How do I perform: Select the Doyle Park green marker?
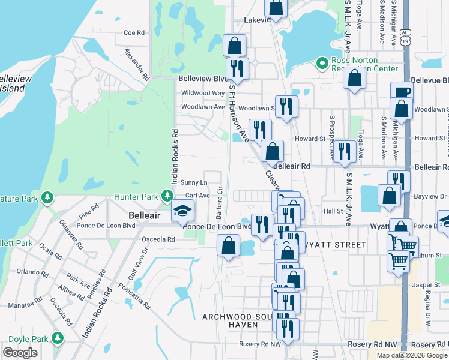58,338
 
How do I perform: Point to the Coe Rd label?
134,33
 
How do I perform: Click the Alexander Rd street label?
137,65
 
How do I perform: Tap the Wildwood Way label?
203,93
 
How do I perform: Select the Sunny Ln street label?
194,182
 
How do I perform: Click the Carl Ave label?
197,196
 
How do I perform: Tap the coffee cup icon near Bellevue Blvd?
402,92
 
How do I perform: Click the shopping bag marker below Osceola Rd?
228,245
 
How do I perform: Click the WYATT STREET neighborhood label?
336,245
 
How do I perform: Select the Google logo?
20,353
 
